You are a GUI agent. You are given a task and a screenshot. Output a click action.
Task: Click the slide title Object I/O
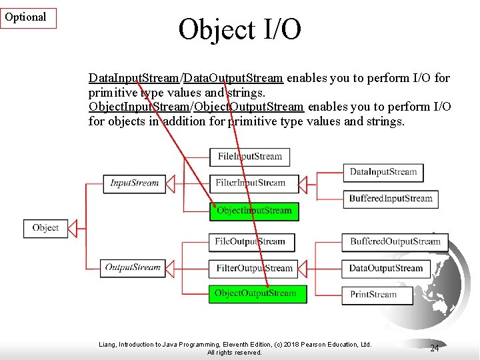click(x=239, y=29)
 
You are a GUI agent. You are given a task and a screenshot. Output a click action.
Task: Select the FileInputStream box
click(x=250, y=157)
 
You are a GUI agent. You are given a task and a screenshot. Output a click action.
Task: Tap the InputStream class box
click(x=134, y=183)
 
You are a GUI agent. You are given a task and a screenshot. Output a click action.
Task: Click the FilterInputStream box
click(x=250, y=183)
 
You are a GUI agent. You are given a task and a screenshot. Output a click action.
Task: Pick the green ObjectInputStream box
click(x=254, y=211)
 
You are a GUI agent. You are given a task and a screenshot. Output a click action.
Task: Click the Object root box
click(x=45, y=228)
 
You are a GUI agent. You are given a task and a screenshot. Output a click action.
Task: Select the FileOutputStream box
click(x=250, y=241)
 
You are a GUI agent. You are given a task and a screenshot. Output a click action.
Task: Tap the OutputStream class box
click(x=133, y=268)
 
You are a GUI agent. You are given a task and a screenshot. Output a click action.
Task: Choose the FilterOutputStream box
click(x=254, y=268)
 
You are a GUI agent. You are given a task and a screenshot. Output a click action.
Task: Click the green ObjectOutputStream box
click(x=257, y=293)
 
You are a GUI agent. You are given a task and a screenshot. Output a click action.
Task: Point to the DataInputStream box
click(x=383, y=172)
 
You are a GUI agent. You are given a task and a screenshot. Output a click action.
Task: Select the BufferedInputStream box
click(x=391, y=198)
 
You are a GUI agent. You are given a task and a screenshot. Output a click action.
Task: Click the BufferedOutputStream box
click(x=395, y=241)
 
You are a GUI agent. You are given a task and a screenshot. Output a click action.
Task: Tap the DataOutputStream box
click(x=386, y=268)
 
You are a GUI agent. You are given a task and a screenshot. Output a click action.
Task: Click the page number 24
click(x=435, y=349)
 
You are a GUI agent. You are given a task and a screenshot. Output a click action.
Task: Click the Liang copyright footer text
click(x=235, y=348)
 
